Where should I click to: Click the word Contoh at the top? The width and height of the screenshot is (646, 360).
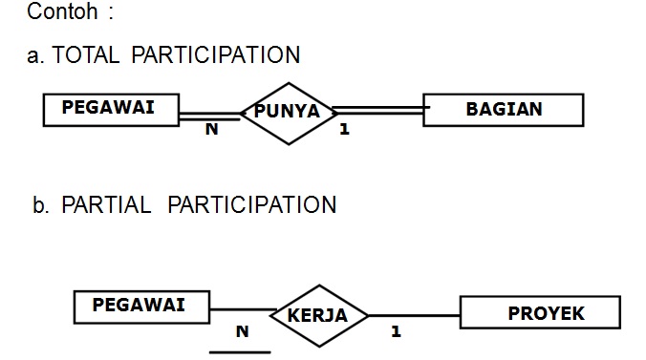[x=62, y=12]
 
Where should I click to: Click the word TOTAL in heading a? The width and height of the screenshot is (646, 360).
[x=87, y=54]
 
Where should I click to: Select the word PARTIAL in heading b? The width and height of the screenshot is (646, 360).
[x=106, y=204]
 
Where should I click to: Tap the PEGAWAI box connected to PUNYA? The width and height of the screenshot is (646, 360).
[x=112, y=109]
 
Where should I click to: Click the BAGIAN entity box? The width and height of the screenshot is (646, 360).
[x=503, y=109]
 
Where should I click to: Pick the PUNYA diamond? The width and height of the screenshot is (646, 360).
[x=287, y=112]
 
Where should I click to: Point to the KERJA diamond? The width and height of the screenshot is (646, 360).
[x=317, y=315]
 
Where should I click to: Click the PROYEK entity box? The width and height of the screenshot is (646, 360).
[x=540, y=312]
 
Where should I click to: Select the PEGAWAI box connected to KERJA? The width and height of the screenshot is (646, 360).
[x=142, y=307]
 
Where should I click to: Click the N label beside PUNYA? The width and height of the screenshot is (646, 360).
[x=211, y=130]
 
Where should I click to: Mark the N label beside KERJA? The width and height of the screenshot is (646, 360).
[x=242, y=332]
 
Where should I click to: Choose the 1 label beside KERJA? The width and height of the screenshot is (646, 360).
[x=396, y=332]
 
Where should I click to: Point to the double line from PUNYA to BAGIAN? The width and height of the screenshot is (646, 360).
[x=377, y=111]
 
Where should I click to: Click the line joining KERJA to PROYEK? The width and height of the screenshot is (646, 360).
[x=414, y=314]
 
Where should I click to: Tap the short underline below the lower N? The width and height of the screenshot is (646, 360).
[x=240, y=351]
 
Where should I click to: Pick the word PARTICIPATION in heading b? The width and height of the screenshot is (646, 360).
[x=252, y=204]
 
